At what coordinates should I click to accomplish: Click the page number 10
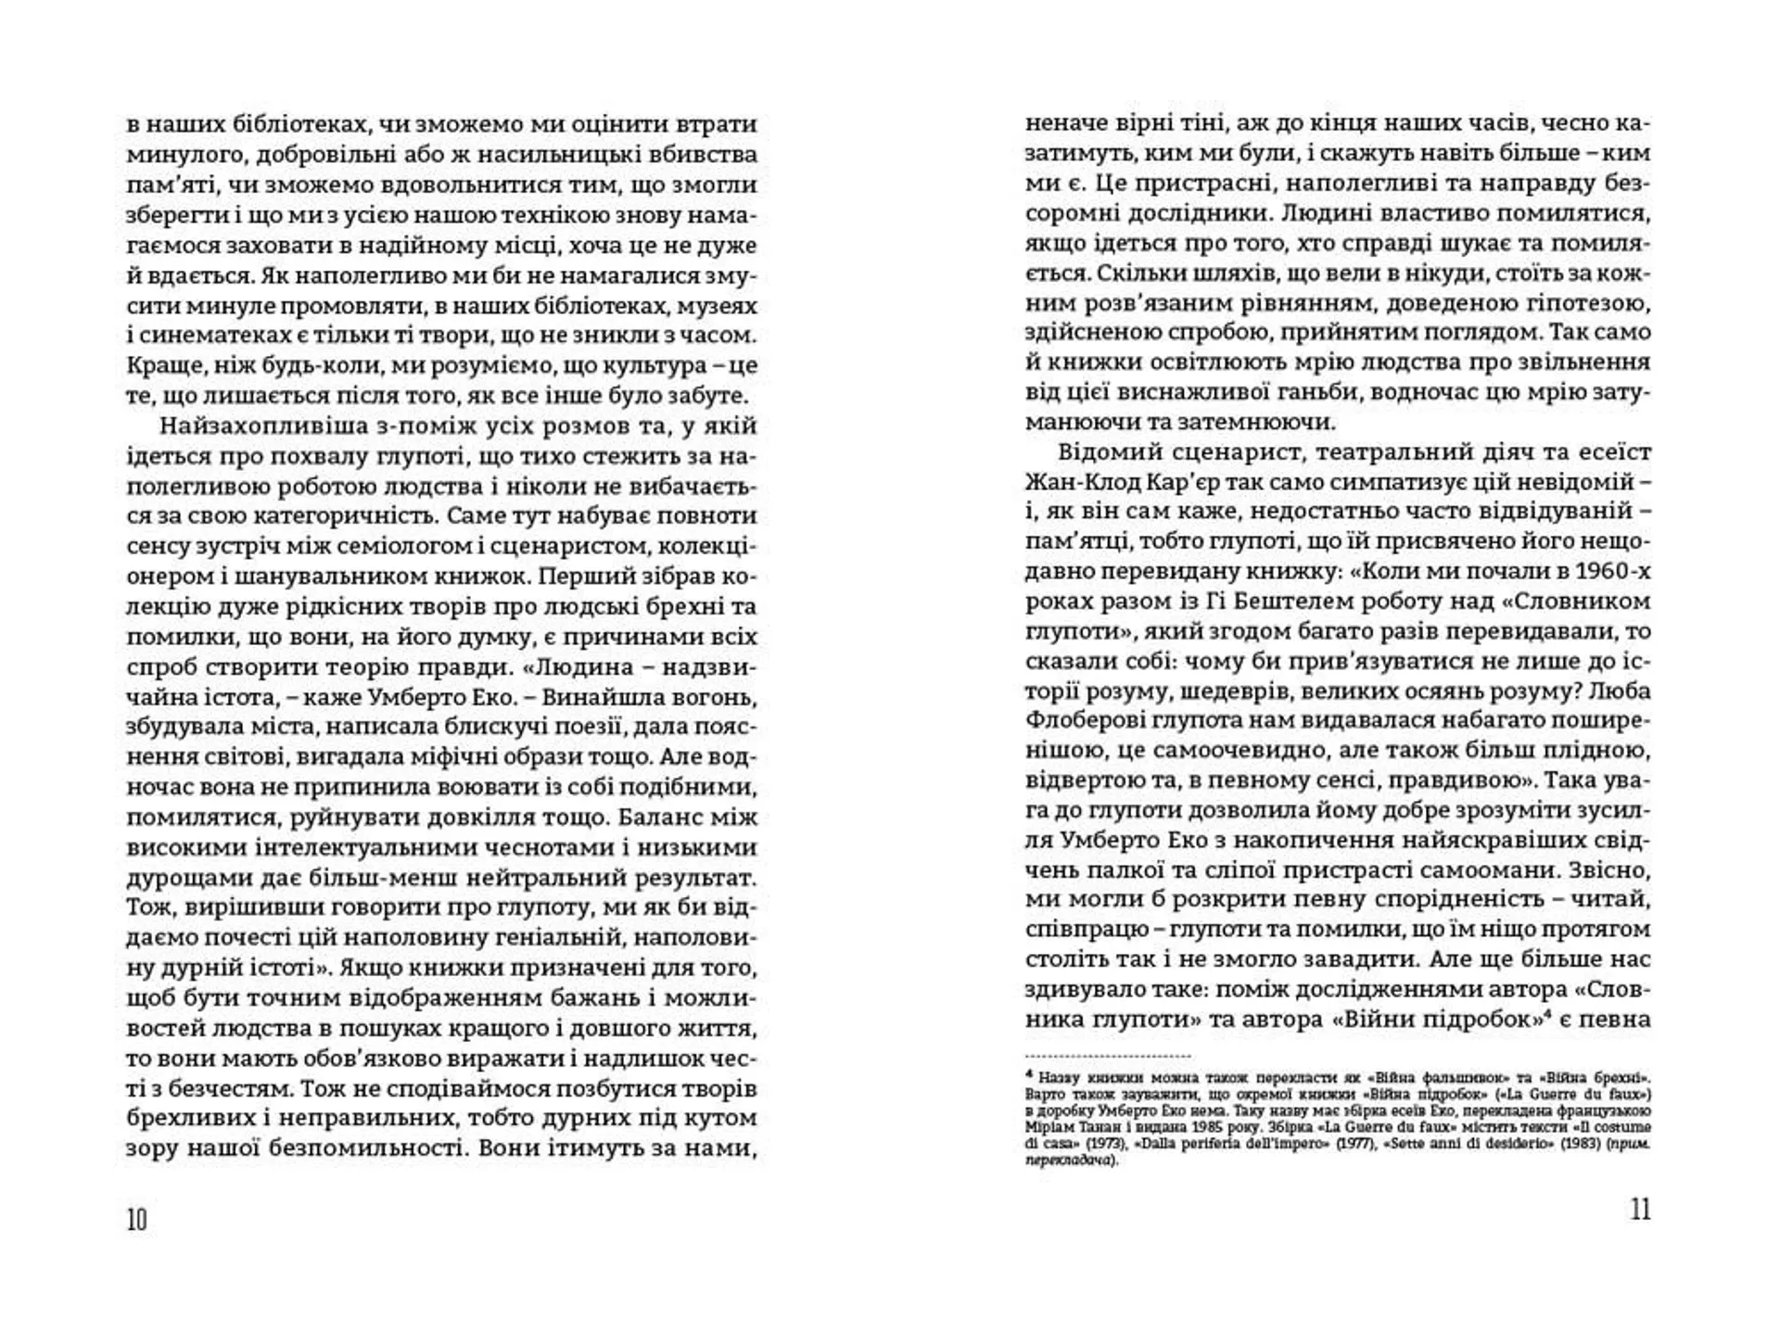click(x=137, y=1219)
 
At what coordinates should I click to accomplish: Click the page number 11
click(x=1640, y=1210)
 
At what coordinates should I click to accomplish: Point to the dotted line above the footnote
click(x=1108, y=1056)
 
